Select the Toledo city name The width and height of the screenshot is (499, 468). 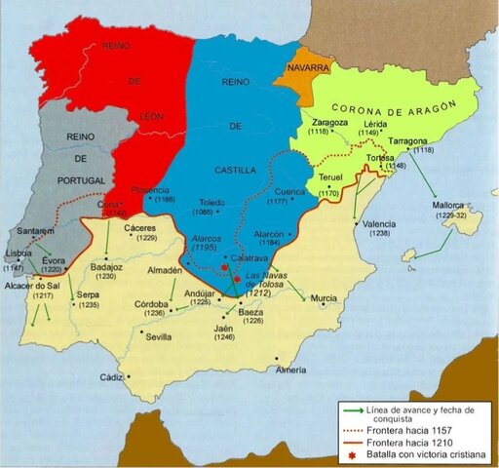pyautogui.click(x=214, y=202)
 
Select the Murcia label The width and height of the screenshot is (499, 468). pyautogui.click(x=324, y=297)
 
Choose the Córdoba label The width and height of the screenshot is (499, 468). pyautogui.click(x=155, y=303)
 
